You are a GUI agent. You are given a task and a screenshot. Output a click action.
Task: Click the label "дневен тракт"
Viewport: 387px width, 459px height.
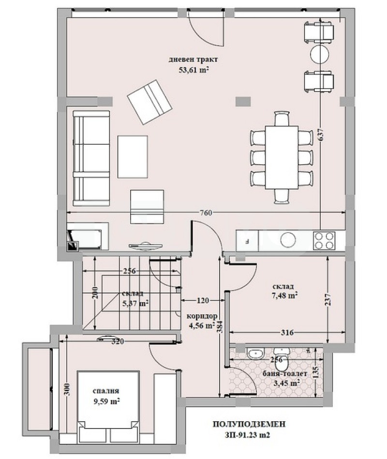coord(193,60)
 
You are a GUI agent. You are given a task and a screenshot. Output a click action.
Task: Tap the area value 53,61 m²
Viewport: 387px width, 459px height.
coord(193,70)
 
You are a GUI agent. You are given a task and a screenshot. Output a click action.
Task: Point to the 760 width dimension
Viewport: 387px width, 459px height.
coord(206,213)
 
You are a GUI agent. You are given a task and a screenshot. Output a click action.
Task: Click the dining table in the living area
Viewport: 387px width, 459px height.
coord(282,157)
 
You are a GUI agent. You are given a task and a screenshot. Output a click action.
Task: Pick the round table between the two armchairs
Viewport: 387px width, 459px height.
coord(320,54)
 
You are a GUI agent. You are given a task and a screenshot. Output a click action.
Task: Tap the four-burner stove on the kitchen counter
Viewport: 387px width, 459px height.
coord(324,241)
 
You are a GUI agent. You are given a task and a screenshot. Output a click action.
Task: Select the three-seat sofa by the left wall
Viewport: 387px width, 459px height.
coord(91,158)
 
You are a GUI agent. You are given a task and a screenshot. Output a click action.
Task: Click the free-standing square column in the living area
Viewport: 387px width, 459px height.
coord(243,101)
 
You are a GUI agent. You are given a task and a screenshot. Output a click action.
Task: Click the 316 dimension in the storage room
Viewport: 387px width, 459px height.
coord(287,332)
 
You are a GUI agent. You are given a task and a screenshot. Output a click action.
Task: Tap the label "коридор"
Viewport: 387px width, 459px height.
coord(202,316)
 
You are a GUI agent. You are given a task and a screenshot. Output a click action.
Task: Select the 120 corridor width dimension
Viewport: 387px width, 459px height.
coord(203,300)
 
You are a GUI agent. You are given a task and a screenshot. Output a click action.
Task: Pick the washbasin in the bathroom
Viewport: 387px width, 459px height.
coord(256,353)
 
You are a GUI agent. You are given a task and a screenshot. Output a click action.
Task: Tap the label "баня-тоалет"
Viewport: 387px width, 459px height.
coord(284,374)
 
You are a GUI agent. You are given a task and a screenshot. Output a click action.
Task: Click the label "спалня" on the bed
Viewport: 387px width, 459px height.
coord(106,391)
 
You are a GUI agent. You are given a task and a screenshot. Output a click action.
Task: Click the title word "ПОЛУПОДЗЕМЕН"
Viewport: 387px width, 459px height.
coord(249,424)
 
